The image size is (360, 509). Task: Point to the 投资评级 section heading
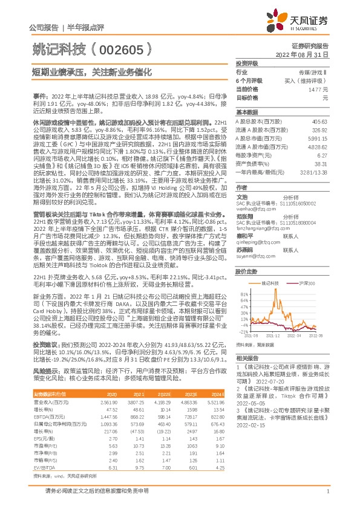click(247, 63)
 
